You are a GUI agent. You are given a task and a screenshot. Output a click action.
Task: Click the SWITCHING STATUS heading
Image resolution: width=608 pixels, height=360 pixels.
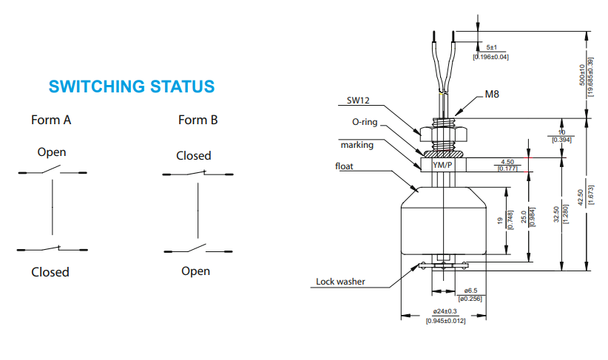132,86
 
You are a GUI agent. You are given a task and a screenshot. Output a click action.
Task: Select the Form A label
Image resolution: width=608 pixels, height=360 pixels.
51,120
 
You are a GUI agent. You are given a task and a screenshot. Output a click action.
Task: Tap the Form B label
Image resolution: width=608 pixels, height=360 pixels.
197,120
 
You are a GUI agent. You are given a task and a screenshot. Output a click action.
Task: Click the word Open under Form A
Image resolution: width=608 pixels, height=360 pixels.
52,152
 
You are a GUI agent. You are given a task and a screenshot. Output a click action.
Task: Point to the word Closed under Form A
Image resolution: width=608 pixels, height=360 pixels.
50,272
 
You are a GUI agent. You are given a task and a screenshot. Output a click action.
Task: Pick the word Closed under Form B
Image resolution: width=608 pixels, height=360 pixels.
193,156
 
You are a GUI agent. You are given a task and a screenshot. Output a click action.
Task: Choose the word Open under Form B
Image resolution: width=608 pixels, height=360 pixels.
195,271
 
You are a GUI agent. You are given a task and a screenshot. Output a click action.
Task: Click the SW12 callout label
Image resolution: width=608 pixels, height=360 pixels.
359,101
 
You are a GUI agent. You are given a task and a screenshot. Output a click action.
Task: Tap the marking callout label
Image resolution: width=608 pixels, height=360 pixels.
357,145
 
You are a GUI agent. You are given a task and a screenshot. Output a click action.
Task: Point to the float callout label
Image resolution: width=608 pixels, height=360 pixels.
345,166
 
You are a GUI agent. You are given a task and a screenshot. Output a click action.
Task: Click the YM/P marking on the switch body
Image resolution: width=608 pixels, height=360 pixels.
442,166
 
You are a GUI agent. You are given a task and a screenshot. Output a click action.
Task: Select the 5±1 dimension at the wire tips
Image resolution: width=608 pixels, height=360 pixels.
491,47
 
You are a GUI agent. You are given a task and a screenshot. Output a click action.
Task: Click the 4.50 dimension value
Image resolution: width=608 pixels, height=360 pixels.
507,161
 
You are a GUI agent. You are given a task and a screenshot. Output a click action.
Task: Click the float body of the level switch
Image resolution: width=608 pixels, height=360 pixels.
443,222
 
